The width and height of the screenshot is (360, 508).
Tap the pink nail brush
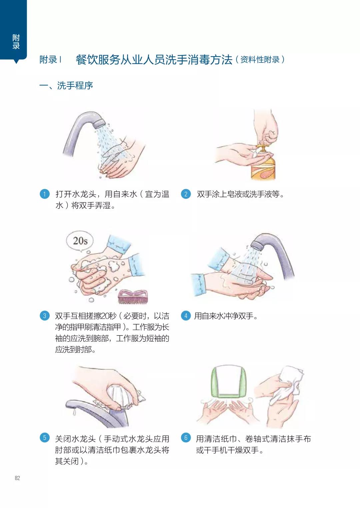pyautogui.click(x=133, y=296)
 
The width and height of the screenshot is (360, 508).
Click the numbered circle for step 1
pyautogui.click(x=44, y=194)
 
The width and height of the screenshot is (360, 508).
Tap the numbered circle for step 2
pyautogui.click(x=186, y=194)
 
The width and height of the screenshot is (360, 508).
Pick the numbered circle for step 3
pyautogui.click(x=44, y=316)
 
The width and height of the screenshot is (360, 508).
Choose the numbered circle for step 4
pyautogui.click(x=186, y=316)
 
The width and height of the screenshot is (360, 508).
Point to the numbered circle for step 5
pyautogui.click(x=44, y=437)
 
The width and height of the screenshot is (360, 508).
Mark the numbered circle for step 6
pyautogui.click(x=186, y=437)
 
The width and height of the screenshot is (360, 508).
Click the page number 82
pyautogui.click(x=17, y=478)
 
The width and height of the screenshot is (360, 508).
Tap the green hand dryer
pyautogui.click(x=228, y=382)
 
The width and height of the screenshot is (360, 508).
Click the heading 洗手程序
pyautogui.click(x=75, y=86)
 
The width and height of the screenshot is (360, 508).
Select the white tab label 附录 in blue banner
pyautogui.click(x=16, y=42)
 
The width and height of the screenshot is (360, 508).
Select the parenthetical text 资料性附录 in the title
pyautogui.click(x=260, y=60)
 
